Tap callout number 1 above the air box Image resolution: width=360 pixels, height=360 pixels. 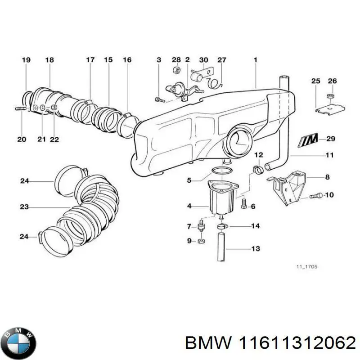255,59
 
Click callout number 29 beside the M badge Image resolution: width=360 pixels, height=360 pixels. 331,139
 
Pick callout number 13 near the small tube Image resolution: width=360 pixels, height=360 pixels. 256,248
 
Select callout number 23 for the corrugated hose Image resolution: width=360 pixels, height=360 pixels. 24,207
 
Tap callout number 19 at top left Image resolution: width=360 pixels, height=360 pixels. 26,60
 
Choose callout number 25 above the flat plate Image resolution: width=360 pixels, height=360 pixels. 315,81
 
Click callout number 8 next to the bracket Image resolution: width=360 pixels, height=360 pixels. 328,177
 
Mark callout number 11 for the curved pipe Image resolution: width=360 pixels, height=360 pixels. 329,156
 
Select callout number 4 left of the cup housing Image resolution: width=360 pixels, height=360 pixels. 189,206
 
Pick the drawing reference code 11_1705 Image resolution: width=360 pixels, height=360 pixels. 307,267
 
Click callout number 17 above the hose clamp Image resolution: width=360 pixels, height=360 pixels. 90,60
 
